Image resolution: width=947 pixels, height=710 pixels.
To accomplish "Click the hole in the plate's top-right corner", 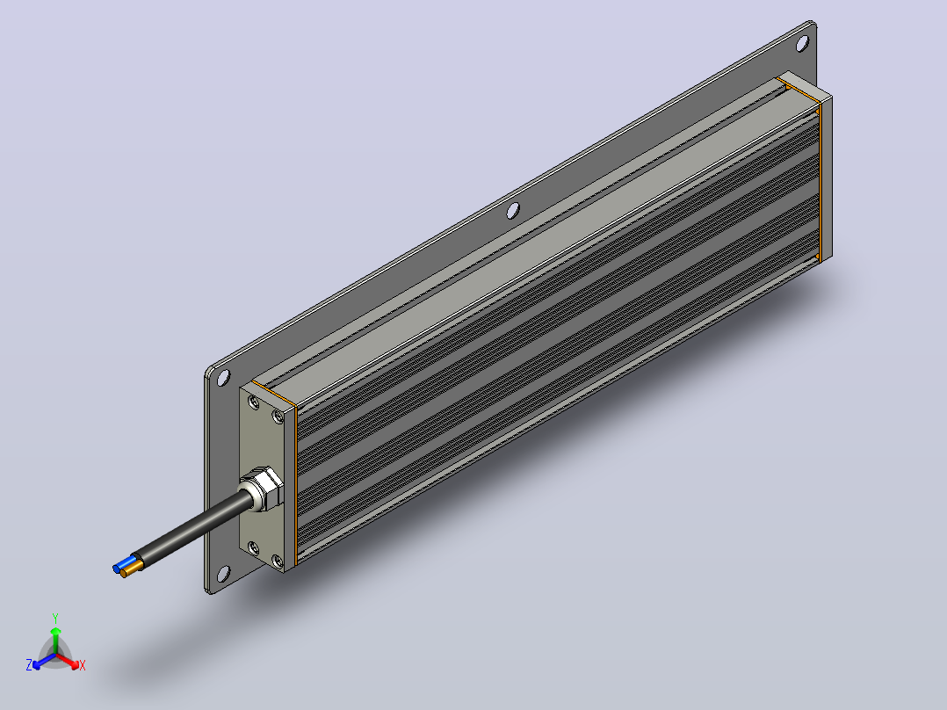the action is (802, 44).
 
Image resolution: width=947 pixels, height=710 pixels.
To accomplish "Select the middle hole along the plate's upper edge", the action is (513, 211).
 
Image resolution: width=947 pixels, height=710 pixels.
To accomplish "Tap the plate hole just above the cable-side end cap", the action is (223, 378).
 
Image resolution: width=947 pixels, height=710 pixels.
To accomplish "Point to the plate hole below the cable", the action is (223, 574).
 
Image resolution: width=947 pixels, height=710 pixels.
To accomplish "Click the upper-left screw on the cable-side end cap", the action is (254, 402).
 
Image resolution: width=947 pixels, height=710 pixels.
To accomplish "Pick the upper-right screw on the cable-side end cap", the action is (278, 417).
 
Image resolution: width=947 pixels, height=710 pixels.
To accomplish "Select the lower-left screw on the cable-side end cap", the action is (254, 548).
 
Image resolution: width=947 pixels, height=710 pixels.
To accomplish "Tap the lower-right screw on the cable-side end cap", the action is (278, 562).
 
